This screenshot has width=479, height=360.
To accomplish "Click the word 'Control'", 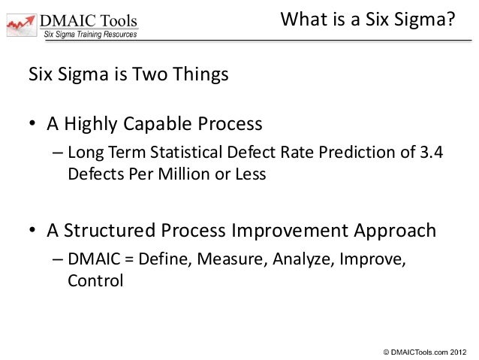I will [x=94, y=280].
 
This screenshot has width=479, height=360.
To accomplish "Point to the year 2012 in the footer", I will [x=459, y=350].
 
